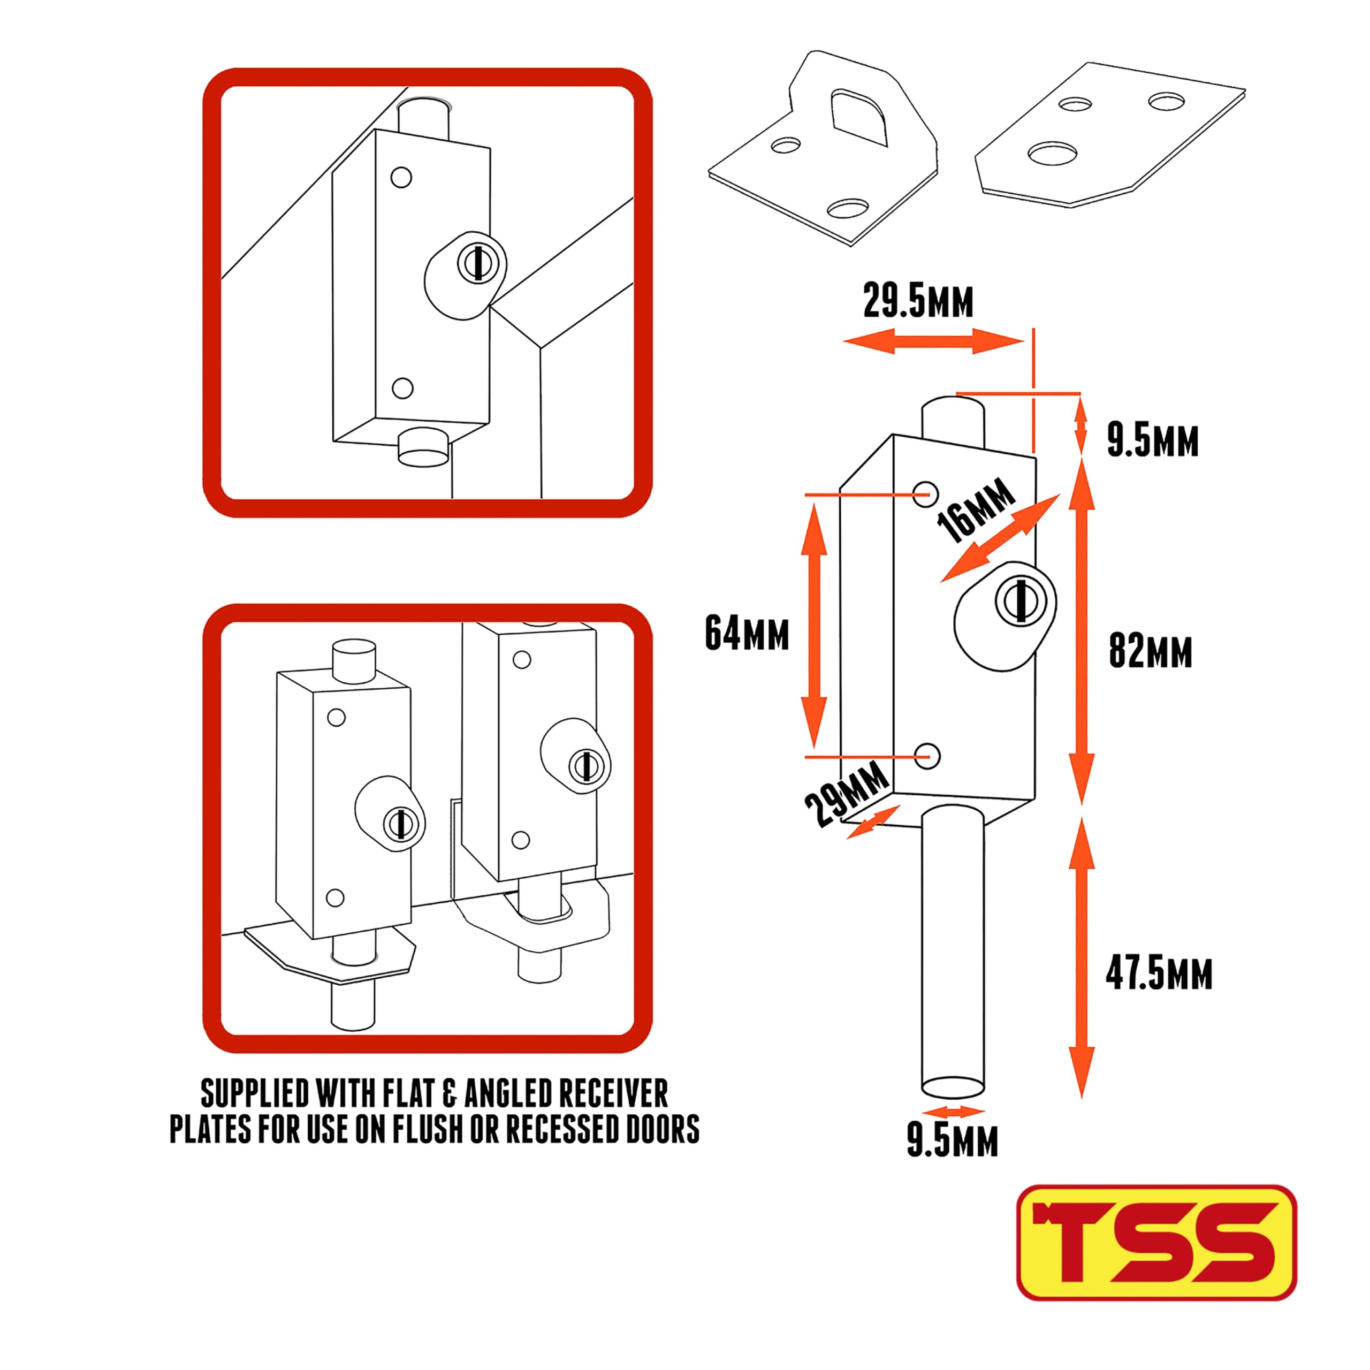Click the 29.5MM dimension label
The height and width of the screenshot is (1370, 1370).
point(918,301)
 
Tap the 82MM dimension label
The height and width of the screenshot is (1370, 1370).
point(1150,650)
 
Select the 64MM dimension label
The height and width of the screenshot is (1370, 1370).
point(747,633)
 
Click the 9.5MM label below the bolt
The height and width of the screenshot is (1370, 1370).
point(953,1141)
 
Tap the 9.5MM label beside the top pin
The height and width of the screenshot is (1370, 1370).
point(1152,440)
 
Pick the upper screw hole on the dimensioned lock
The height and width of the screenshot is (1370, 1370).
point(925,493)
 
